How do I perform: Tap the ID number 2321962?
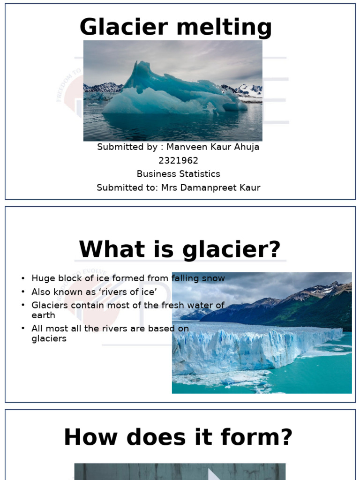click(x=178, y=161)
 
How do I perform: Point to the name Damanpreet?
click(x=214, y=188)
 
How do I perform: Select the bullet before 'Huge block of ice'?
click(x=23, y=279)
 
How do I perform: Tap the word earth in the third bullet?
click(x=43, y=315)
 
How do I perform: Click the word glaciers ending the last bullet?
click(x=49, y=339)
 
